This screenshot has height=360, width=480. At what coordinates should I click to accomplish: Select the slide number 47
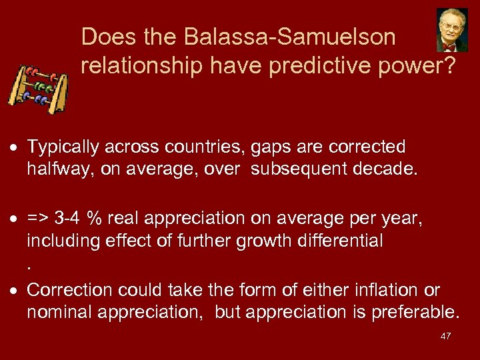click(445, 336)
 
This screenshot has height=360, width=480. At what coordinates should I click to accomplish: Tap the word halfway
click(61, 169)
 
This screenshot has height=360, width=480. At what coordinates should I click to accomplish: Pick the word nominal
click(57, 312)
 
